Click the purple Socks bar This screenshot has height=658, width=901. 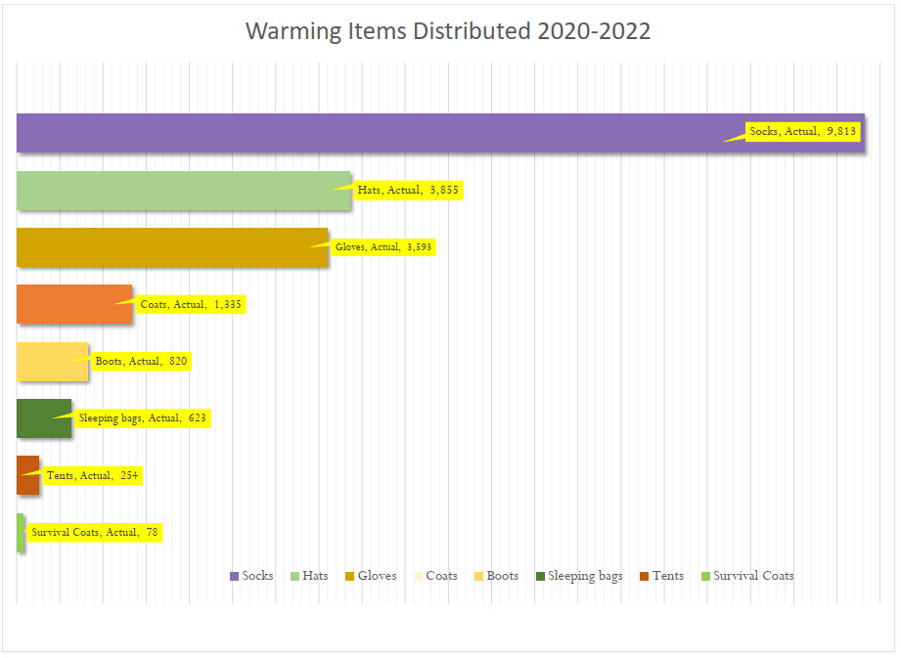(x=372, y=133)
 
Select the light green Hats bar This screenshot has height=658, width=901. (x=183, y=191)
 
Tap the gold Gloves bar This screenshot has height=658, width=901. (x=172, y=247)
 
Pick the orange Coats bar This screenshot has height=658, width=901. (x=73, y=304)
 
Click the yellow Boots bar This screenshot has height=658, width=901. (x=52, y=362)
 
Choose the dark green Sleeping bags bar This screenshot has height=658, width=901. (x=44, y=418)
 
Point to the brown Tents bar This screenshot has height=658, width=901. (x=27, y=475)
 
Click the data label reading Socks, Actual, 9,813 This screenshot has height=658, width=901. (x=802, y=132)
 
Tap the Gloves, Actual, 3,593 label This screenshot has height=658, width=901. (x=383, y=247)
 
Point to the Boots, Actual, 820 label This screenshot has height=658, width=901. (x=141, y=361)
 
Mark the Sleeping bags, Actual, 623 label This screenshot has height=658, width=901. (x=143, y=418)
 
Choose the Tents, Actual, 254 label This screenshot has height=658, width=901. (x=93, y=475)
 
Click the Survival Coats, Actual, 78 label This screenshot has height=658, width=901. (x=94, y=532)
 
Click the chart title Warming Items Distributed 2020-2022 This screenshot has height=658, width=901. (x=448, y=31)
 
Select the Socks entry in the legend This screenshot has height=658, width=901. (x=251, y=576)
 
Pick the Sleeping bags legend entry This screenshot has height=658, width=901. (x=578, y=576)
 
